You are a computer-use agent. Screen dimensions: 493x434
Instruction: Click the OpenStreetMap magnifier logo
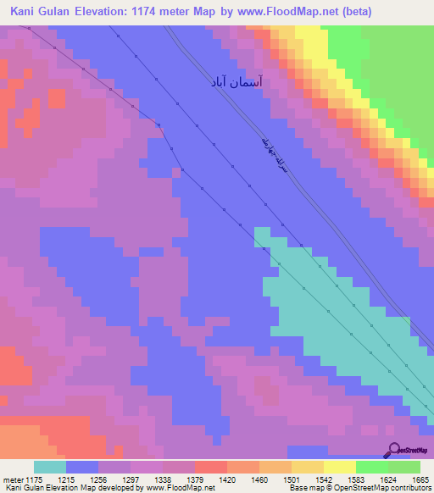(393, 451)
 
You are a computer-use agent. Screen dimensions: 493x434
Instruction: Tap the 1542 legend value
(309, 480)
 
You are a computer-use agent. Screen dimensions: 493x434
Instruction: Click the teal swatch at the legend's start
(50, 467)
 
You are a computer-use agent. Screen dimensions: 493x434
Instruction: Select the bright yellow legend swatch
(339, 467)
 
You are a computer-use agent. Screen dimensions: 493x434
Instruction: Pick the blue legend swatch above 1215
(82, 467)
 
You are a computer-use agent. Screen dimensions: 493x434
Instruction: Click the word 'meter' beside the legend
(12, 480)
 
